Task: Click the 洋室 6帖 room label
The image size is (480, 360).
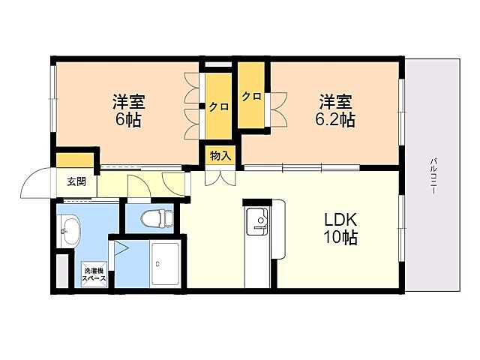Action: tap(128, 109)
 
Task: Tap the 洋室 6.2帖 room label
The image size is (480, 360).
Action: tap(335, 109)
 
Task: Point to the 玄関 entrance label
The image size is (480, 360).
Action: tap(76, 181)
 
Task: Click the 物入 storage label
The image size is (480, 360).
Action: tap(220, 156)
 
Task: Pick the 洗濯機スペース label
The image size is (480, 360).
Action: tap(94, 274)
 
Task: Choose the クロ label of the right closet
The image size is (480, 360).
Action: tap(251, 97)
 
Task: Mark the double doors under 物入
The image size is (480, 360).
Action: tap(220, 177)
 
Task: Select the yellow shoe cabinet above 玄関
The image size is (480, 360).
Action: tap(75, 160)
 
